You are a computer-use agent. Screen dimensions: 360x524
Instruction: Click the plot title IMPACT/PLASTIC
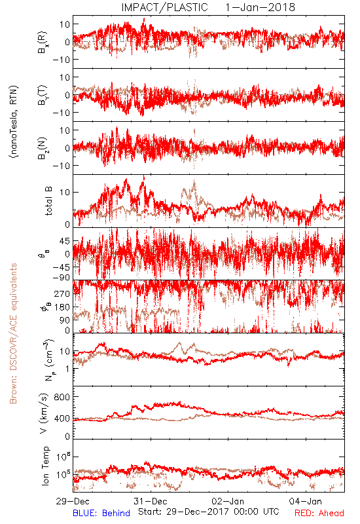(x=164, y=7)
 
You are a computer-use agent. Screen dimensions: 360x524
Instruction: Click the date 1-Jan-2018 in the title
(x=260, y=7)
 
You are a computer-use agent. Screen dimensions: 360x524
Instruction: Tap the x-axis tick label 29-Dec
(x=73, y=501)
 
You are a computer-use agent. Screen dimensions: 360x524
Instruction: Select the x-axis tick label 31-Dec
(x=151, y=501)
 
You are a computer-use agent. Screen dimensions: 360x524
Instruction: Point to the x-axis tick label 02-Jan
(x=228, y=501)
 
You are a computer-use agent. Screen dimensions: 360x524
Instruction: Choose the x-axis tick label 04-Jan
(x=306, y=501)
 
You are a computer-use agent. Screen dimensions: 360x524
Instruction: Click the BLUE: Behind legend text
(x=101, y=513)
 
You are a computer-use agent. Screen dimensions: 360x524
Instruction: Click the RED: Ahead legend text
(x=319, y=513)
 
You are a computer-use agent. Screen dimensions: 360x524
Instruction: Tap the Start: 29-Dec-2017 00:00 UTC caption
(x=209, y=512)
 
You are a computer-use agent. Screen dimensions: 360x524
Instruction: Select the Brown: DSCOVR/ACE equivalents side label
(x=13, y=333)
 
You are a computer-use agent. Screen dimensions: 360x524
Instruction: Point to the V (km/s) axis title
(x=44, y=413)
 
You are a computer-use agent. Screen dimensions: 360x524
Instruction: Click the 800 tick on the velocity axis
(x=62, y=397)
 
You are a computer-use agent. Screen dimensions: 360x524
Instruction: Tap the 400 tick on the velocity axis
(x=62, y=419)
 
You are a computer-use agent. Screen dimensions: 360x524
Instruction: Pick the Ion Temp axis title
(x=46, y=466)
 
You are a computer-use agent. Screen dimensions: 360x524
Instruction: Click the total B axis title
(x=48, y=201)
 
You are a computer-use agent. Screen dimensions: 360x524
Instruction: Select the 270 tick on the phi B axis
(x=62, y=293)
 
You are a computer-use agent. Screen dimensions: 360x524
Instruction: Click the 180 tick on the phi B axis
(x=62, y=307)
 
